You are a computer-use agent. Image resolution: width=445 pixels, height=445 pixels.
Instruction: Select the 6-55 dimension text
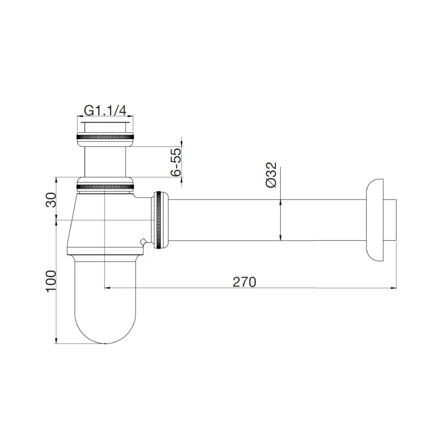pyautogui.click(x=175, y=162)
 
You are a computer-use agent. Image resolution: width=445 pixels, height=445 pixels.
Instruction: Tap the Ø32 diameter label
pyautogui.click(x=271, y=175)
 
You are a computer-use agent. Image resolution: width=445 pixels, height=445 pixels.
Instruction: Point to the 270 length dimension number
pyautogui.click(x=244, y=282)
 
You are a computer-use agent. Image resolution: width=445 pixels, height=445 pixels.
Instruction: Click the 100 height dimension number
pyautogui.click(x=50, y=282)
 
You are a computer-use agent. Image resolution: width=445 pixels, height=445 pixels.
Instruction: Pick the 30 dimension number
pyautogui.click(x=50, y=199)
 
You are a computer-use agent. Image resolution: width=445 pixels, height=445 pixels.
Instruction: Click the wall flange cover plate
pyautogui.click(x=375, y=220)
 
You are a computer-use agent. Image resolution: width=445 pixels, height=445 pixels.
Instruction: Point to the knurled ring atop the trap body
pyautogui.click(x=104, y=186)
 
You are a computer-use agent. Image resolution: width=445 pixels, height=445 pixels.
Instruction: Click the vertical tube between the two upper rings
pyautogui.click(x=104, y=161)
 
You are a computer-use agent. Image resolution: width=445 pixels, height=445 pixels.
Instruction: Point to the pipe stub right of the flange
pyautogui.click(x=390, y=220)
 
